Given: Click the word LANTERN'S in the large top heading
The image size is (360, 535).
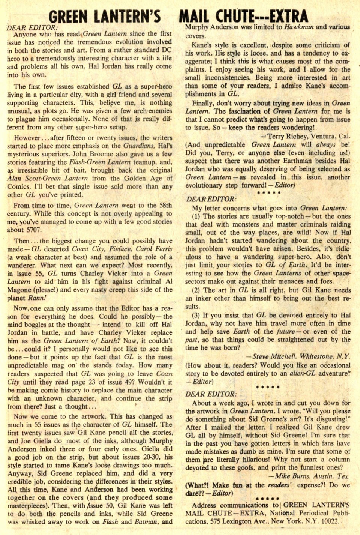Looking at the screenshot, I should tap(127, 17).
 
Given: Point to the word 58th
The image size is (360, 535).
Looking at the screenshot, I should tap(165, 205).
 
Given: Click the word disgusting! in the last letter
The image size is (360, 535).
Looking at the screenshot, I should tap(330, 419).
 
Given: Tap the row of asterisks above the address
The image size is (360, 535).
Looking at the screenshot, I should tap(267, 499).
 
